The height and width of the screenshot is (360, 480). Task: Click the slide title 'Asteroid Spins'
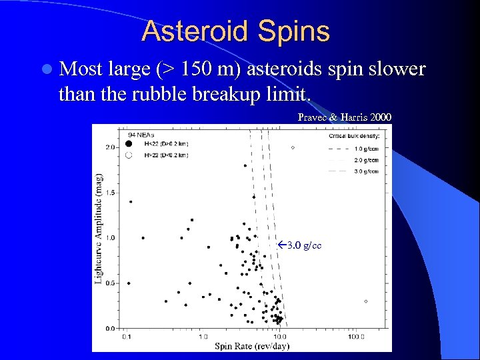[235, 31]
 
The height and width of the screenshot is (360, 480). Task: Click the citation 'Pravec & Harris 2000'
[344, 117]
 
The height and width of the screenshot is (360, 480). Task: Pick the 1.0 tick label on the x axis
[203, 335]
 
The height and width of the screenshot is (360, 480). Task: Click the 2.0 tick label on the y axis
[111, 147]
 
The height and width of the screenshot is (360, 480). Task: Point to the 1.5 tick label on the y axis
[111, 192]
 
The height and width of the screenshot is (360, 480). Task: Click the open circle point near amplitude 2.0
[293, 147]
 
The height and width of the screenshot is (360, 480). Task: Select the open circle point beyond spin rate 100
[366, 301]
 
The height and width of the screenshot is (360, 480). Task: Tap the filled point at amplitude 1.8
[245, 165]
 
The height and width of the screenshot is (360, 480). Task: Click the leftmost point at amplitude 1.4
[130, 201]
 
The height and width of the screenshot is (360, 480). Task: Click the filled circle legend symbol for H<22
[129, 143]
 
